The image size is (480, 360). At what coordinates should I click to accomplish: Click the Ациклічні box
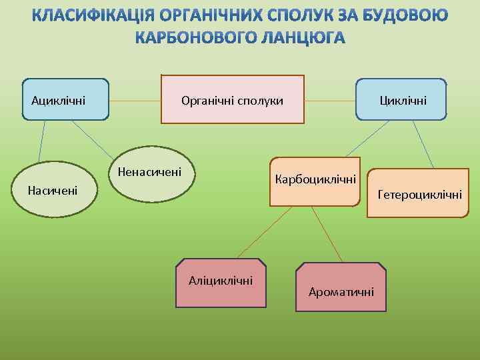tap(65, 99)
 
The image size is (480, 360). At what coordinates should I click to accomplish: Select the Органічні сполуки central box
tap(233, 100)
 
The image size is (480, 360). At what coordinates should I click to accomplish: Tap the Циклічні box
tap(401, 99)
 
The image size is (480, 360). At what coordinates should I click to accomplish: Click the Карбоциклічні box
tap(315, 181)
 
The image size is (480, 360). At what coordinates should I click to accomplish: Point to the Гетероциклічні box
tap(418, 194)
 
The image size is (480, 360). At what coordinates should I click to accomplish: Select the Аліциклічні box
tap(221, 282)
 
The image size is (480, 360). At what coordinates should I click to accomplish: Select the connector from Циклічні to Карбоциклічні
tap(363, 139)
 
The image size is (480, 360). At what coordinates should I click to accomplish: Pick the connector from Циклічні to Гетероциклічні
tap(422, 143)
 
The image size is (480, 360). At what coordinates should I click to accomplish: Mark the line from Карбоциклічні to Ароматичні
tap(327, 233)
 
